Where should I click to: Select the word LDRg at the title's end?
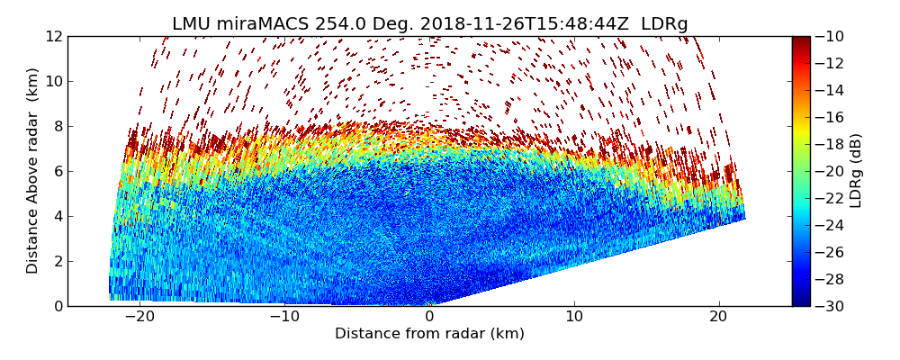tap(664, 24)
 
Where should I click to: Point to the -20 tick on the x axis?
tap(139, 317)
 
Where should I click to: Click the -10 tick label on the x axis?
tap(284, 317)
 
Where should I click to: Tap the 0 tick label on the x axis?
tap(429, 317)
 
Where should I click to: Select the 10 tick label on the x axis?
tap(574, 317)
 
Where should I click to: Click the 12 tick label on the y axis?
tap(54, 37)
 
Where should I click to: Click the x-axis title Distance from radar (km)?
tap(429, 334)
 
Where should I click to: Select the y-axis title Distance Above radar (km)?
tap(33, 171)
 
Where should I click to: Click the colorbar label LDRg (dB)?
tap(856, 171)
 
